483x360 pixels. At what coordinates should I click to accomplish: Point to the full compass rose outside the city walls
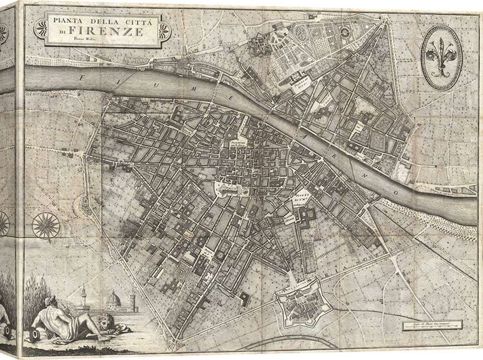click(46, 225)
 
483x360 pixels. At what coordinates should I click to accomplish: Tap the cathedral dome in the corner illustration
click(114, 300)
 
